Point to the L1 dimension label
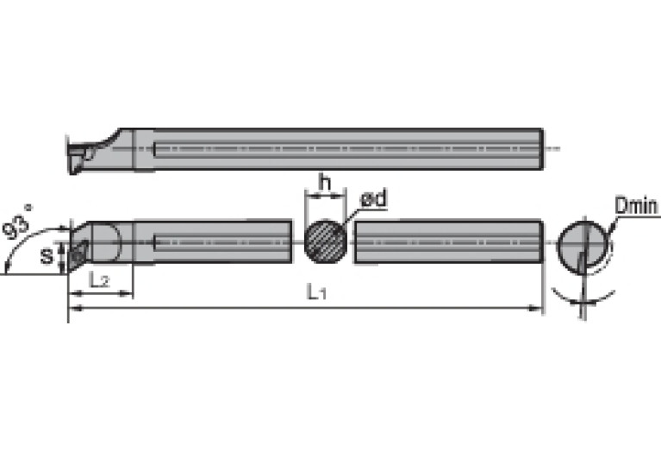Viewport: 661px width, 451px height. (x=316, y=293)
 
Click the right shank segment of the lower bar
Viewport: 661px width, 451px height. (x=448, y=241)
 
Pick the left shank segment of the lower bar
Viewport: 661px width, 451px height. (x=215, y=241)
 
